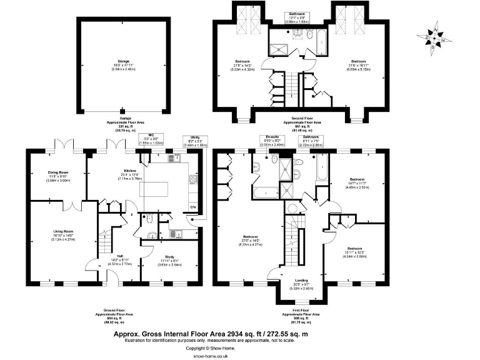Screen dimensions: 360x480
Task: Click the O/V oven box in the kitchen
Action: (x=192, y=207)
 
